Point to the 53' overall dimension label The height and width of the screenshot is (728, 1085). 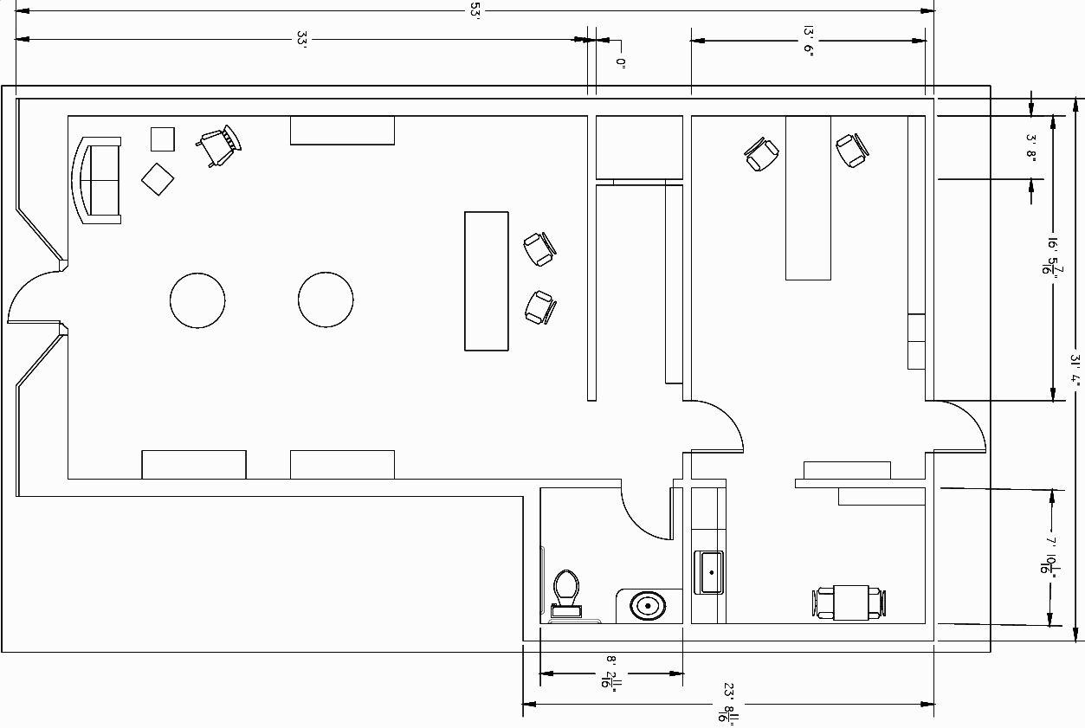click(x=475, y=10)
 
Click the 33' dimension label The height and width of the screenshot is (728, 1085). click(x=302, y=39)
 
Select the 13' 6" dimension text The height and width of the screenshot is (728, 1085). click(x=807, y=40)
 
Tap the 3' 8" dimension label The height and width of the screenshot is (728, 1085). click(x=1030, y=148)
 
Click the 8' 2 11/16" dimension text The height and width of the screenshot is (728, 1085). click(x=610, y=673)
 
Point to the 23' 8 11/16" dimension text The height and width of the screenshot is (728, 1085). click(x=726, y=704)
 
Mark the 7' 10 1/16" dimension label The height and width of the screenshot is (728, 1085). click(x=1051, y=555)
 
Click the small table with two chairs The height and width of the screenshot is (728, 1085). click(x=849, y=602)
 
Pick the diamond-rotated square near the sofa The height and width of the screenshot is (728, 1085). click(x=158, y=179)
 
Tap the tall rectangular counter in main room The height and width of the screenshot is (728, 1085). click(x=486, y=280)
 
